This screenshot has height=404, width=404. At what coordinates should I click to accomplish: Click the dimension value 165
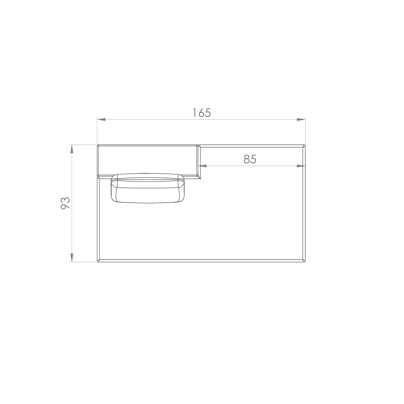pos(202,113)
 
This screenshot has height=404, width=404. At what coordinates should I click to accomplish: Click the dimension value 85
pos(250,159)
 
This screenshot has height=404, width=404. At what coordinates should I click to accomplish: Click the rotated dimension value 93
pos(65,203)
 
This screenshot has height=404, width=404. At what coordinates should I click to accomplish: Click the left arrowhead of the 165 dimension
pos(101,119)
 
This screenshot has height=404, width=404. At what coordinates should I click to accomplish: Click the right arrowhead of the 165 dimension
pos(301,119)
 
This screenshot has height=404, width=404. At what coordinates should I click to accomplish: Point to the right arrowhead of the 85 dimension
pos(301,166)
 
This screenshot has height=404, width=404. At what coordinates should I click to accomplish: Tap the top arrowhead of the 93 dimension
pos(72,149)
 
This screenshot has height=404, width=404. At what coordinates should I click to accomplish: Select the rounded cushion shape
pos(148,188)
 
